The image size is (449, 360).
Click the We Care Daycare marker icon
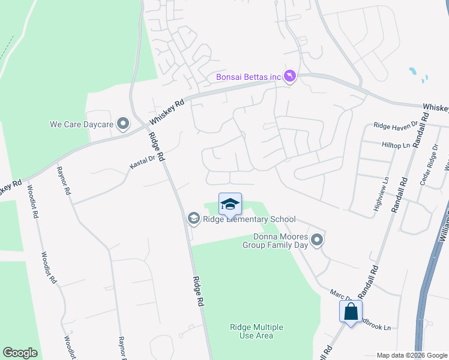pyautogui.click(x=123, y=124)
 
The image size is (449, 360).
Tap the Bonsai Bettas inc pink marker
pyautogui.click(x=291, y=76)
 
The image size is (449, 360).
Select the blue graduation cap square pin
pyautogui.click(x=230, y=205)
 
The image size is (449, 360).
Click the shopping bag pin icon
pyautogui.click(x=351, y=312)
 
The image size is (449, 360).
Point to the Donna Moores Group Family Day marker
pyautogui.click(x=318, y=240)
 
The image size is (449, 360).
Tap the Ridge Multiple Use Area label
pyautogui.click(x=256, y=331)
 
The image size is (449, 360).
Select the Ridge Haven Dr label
pyautogui.click(x=395, y=125)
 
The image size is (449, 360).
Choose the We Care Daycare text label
pyautogui.click(x=81, y=125)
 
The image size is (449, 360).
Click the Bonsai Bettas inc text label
pyautogui.click(x=249, y=77)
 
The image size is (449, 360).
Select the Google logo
pyautogui.click(x=20, y=352)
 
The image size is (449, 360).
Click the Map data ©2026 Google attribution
pyautogui.click(x=411, y=355)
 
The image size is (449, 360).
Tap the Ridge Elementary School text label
pyautogui.click(x=249, y=219)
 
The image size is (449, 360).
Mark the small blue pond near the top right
pyautogui.click(x=413, y=71)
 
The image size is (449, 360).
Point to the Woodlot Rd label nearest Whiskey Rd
pyautogui.click(x=32, y=204)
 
